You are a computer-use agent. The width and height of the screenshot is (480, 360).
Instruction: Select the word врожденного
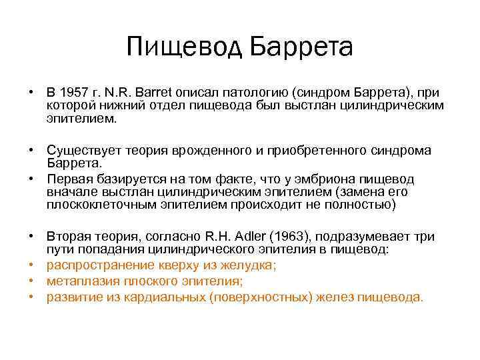(198, 152)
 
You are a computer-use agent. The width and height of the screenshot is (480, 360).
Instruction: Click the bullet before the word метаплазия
(32, 281)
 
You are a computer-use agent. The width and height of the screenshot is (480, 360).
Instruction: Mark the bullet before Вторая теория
(32, 237)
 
